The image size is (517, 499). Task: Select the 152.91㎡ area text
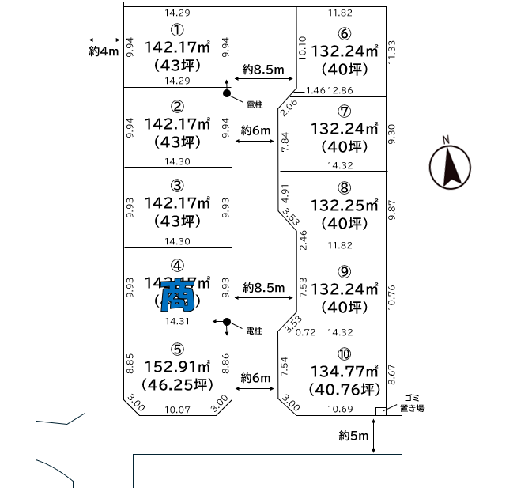(178, 367)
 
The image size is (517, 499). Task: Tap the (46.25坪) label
(178, 386)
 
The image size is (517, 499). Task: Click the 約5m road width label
(353, 436)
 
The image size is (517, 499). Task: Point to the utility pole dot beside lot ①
(227, 93)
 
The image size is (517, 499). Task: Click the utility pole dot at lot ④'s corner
(227, 322)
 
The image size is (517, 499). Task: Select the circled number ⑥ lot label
(343, 33)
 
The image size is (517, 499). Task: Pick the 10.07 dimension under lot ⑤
(178, 409)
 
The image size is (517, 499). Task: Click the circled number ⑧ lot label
(343, 187)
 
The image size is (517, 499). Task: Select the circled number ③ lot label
(178, 186)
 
